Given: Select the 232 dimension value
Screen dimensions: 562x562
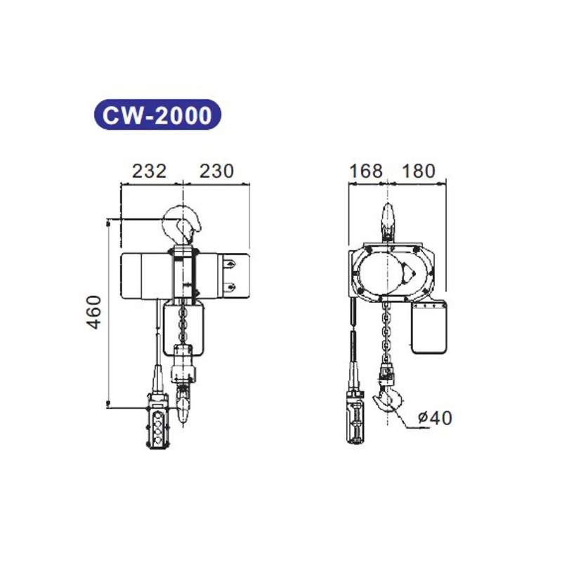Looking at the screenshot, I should [x=148, y=171].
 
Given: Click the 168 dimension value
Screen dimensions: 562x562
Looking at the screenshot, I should [x=365, y=171].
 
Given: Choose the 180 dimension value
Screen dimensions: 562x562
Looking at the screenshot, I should [x=419, y=171].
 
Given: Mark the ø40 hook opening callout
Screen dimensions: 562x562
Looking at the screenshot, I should [x=434, y=418].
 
